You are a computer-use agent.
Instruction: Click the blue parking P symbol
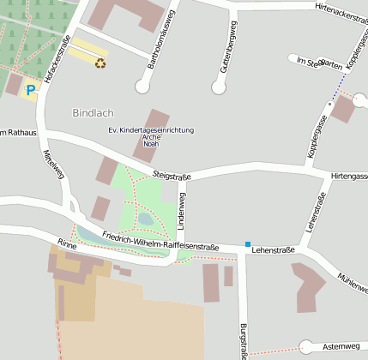32,89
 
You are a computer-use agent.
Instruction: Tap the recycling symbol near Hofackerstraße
100,62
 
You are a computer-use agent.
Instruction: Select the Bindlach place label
92,112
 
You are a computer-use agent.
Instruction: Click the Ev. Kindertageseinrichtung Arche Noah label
151,135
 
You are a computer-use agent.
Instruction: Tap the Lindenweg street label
181,203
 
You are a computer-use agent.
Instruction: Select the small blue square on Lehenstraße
248,244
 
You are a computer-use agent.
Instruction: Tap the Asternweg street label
341,346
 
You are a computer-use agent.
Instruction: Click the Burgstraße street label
244,340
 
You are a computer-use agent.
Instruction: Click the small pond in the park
145,219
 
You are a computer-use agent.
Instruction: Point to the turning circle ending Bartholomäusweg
142,86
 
